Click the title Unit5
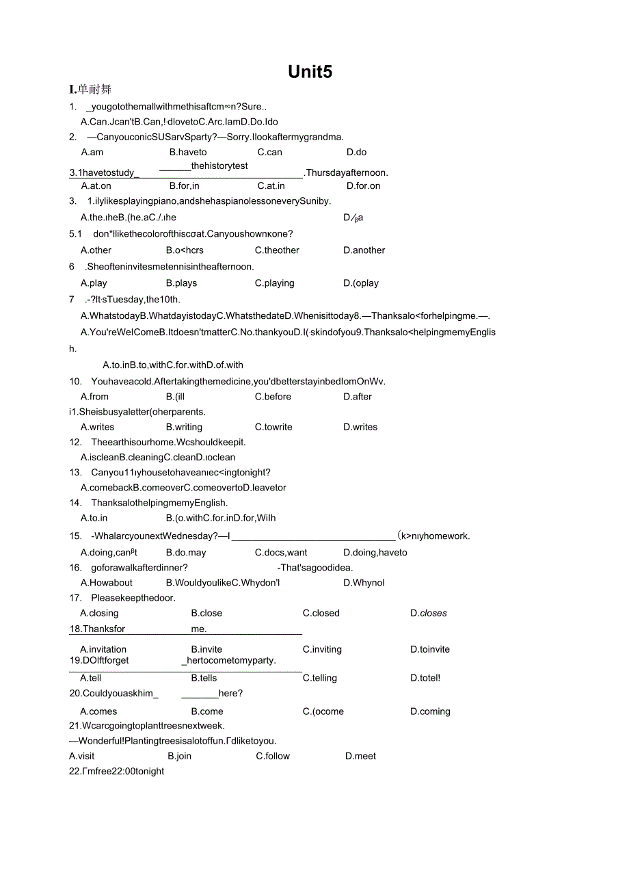tap(310, 73)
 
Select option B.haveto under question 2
tap(188, 153)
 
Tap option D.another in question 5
tap(364, 250)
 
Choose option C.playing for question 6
tap(274, 283)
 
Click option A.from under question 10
tap(94, 397)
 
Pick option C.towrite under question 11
tap(273, 427)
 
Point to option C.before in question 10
tap(273, 397)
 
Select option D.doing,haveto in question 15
tap(375, 553)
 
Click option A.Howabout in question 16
tap(107, 583)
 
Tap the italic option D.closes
tap(428, 614)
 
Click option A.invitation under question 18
tap(103, 649)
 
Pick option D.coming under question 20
tap(430, 711)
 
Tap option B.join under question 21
tap(179, 756)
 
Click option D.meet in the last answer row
tap(360, 756)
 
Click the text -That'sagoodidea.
tap(314, 567)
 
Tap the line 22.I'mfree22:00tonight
tap(117, 771)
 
